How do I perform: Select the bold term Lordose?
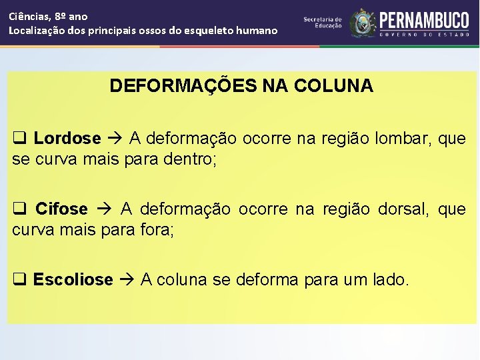67,139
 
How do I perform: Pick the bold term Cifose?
61,209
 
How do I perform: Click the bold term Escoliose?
73,280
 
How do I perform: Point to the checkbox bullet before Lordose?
20,139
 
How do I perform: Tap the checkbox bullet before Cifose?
20,209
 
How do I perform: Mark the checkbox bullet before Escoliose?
20,280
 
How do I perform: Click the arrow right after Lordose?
115,139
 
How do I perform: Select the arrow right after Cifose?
104,209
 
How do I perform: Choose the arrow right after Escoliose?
127,280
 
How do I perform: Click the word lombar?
406,139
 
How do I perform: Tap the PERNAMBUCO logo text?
424,20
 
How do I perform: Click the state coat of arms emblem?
363,23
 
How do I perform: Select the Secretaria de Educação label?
323,23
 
